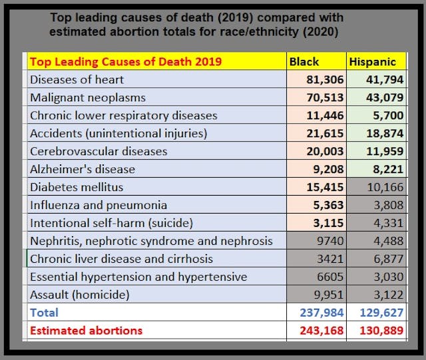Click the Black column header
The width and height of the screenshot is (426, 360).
pos(304,62)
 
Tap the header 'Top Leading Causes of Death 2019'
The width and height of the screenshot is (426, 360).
pos(126,62)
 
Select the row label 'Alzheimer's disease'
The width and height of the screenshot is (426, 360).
pos(83,169)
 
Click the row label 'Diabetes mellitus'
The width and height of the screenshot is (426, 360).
pos(77,187)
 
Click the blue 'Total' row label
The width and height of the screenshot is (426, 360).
pos(44,312)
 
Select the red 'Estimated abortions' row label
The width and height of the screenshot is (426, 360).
pos(87,330)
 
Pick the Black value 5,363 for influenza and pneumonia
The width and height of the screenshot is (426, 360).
pos(324,205)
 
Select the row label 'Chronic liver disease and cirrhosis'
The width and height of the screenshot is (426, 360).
pos(122,259)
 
